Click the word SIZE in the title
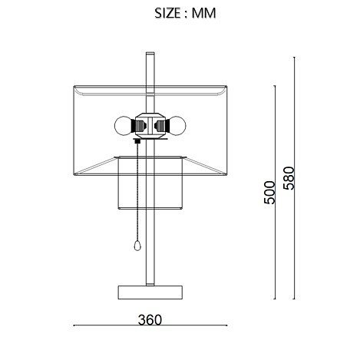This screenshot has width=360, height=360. click(167, 13)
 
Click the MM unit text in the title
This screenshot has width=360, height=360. click(204, 13)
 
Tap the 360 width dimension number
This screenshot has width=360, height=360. click(150, 320)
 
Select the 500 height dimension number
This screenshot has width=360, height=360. click(269, 193)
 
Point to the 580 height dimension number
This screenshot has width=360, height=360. click(289, 178)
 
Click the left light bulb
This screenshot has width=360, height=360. click(123, 126)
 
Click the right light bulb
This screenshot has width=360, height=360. click(177, 126)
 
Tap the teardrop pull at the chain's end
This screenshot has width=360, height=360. click(137, 246)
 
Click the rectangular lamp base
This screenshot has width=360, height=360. click(150, 292)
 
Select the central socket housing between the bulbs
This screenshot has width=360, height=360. click(150, 126)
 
